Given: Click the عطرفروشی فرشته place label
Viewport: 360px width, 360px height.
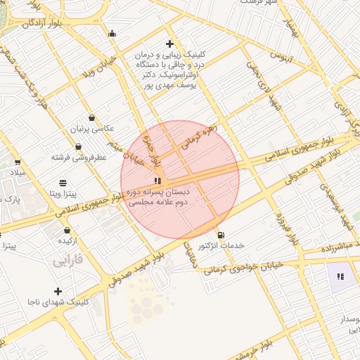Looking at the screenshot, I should tap(78, 157).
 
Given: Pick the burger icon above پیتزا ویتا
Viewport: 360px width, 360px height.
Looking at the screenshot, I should tap(64, 181).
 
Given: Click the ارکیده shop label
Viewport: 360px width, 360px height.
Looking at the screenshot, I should tap(67, 240).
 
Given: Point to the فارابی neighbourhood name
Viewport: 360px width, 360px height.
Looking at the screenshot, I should tap(67, 260).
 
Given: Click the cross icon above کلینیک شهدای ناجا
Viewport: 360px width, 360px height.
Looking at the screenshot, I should tap(58, 291).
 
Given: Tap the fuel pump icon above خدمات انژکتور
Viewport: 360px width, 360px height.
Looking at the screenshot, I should tap(221, 235).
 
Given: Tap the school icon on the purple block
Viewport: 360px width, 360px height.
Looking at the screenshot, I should tap(341, 276).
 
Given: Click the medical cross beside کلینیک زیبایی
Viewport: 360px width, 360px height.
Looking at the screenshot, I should tap(112, 33).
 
